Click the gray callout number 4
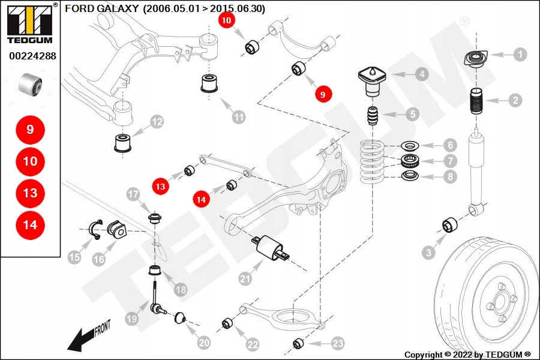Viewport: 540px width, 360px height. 422,74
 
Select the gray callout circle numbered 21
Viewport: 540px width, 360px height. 244,279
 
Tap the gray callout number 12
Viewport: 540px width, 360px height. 157,122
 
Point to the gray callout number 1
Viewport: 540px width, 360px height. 520,55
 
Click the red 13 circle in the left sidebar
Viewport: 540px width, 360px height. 30,193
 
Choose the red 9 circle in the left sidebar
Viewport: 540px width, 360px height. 30,130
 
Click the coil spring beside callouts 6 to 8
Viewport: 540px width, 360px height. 373,161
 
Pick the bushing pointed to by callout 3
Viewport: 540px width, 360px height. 450,226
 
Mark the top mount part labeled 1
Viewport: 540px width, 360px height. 475,61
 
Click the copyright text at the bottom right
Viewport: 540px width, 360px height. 467,355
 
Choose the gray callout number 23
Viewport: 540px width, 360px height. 338,343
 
